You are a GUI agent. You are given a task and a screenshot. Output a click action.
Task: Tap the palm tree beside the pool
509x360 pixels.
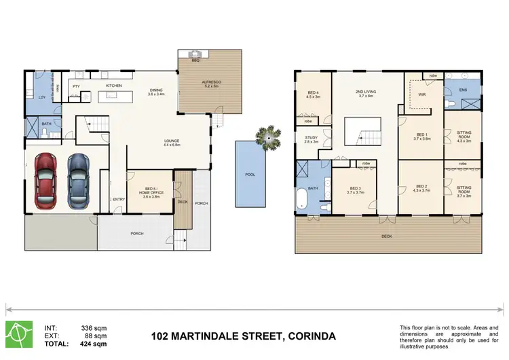coord(271,139)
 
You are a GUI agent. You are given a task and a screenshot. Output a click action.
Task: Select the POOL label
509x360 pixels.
coord(250,175)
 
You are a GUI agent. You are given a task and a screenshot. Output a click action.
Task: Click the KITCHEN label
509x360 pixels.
coord(113,86)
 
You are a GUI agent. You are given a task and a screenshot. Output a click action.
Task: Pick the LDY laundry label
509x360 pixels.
coord(42,98)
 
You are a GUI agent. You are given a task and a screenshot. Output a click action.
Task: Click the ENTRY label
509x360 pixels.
coord(119,199)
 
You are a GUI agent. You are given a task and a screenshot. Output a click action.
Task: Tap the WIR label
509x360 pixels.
coord(421,94)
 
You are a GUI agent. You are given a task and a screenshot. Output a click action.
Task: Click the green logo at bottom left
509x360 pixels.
coord(18,333)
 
